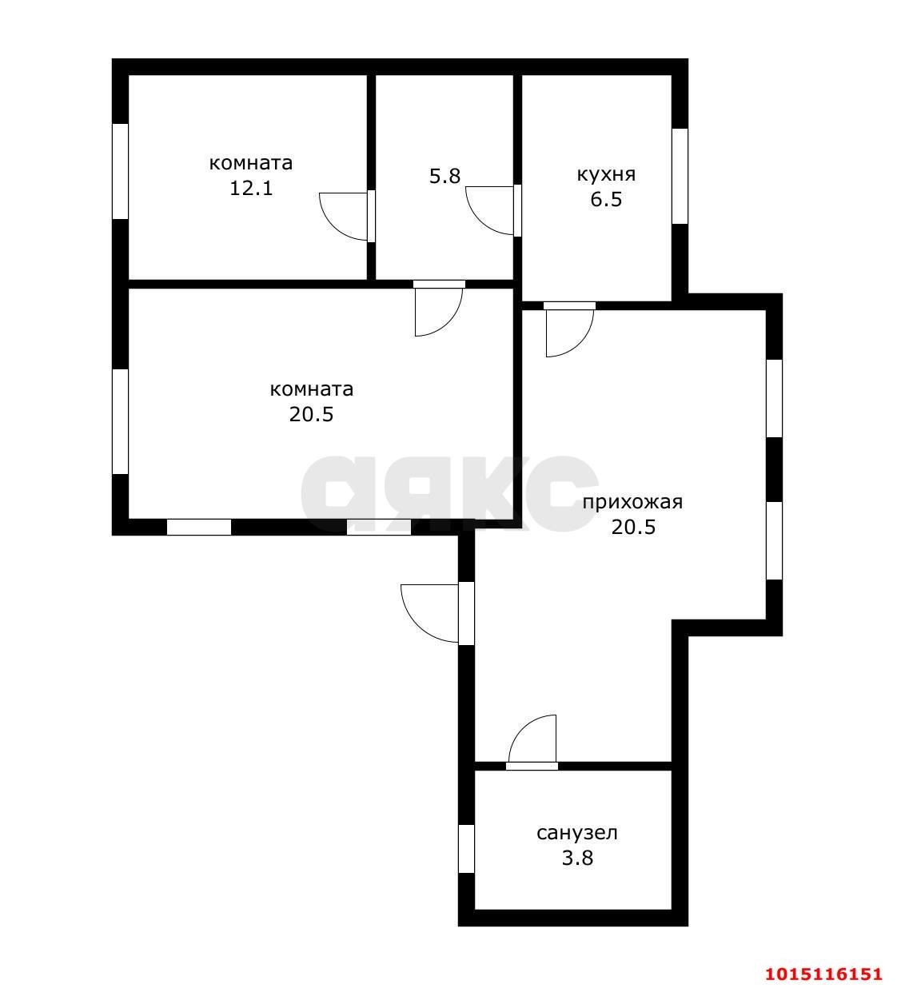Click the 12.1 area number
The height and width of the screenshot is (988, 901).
tap(251, 188)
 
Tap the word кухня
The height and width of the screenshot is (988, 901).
tap(606, 174)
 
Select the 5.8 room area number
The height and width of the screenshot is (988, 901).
tap(445, 176)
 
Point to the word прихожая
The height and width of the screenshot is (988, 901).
tap(632, 502)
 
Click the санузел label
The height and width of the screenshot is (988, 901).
tap(577, 833)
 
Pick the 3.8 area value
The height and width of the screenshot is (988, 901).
tap(577, 858)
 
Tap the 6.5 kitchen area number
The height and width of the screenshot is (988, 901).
tap(606, 200)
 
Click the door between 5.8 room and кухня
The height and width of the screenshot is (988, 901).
tap(493, 210)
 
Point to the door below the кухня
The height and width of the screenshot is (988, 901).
tap(569, 329)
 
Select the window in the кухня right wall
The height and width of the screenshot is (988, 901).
tap(680, 177)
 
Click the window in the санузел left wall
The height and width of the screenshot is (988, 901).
tap(466, 849)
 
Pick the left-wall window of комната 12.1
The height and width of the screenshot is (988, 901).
tap(120, 171)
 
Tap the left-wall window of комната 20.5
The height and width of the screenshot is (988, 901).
tap(120, 421)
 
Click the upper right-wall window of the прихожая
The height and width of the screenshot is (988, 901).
tap(775, 398)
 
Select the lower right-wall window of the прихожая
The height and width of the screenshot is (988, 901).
tap(775, 540)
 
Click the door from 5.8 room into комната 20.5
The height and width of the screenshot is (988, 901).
tap(439, 309)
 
